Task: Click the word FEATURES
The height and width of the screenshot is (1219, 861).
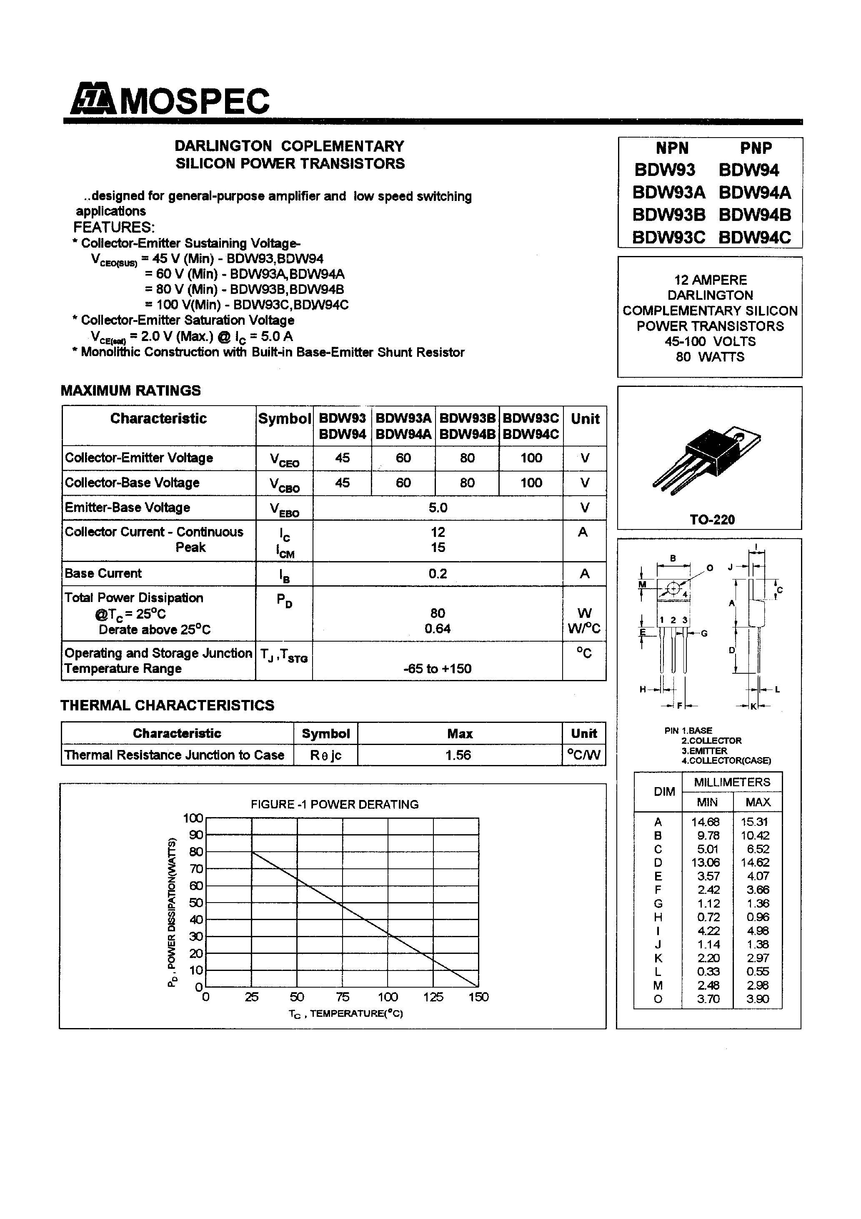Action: click(114, 227)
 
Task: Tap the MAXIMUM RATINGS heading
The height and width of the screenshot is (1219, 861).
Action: click(130, 390)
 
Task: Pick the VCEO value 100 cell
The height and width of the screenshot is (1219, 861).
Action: click(531, 458)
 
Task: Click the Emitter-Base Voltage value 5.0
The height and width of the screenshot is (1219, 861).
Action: click(438, 507)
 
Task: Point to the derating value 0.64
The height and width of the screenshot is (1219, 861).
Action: click(438, 629)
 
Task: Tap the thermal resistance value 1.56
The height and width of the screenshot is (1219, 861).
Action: click(459, 755)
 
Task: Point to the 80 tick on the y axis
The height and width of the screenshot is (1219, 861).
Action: click(196, 852)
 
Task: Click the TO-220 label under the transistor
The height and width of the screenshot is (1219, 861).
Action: click(712, 520)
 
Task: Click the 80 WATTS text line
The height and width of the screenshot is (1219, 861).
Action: click(710, 357)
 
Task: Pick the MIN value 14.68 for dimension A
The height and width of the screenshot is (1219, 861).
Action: click(705, 822)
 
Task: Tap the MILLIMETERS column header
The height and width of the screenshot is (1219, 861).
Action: click(731, 782)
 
